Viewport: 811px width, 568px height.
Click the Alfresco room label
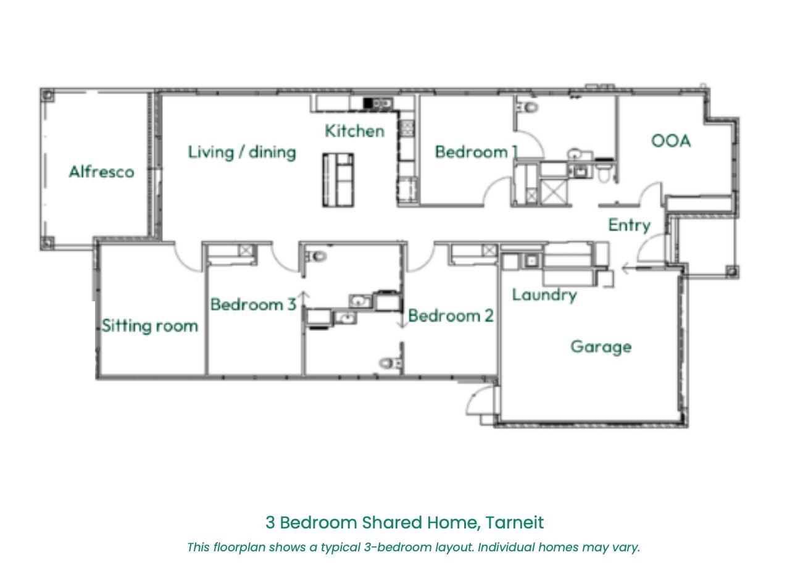coord(101,172)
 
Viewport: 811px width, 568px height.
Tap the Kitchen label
coord(354,131)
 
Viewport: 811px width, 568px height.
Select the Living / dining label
coord(242,152)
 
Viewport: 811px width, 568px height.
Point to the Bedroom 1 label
coord(476,152)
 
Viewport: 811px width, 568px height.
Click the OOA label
coord(671,141)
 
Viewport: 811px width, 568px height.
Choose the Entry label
coord(630,225)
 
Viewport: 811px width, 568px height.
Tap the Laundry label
coord(544,295)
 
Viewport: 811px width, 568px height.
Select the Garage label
coord(601,347)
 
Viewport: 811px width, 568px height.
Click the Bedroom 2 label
coord(451,315)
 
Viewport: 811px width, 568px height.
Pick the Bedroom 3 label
coord(254,304)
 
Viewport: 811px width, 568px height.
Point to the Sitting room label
coord(150,325)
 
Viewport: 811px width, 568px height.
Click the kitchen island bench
coord(338,180)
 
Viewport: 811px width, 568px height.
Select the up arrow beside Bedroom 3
coord(304,300)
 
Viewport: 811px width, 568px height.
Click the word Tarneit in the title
coord(515,522)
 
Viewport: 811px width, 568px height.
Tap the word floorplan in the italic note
coord(239,547)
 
